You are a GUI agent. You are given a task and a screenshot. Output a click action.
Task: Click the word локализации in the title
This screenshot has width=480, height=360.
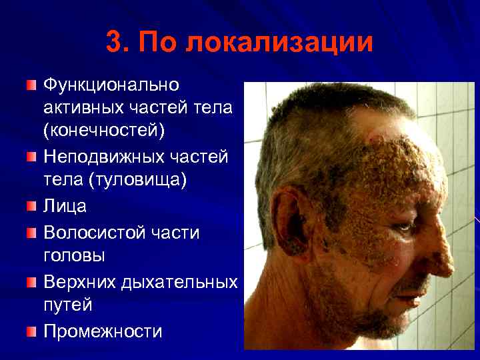(280, 43)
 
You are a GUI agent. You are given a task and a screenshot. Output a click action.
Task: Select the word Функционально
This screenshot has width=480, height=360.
(111, 85)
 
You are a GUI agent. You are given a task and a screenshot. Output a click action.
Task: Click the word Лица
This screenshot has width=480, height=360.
(65, 206)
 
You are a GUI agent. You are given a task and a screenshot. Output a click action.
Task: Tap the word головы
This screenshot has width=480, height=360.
(75, 256)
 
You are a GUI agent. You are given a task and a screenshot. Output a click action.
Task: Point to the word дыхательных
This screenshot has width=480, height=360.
(180, 281)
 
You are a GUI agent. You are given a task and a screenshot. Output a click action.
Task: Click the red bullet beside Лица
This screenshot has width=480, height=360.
(32, 206)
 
